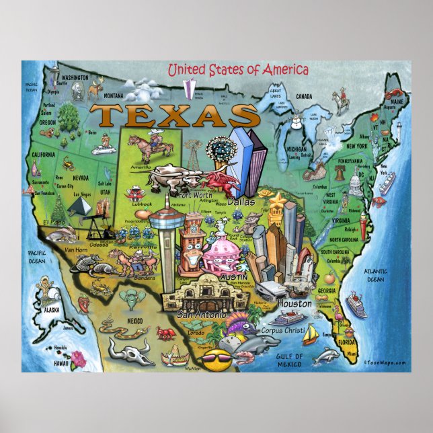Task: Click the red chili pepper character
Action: coord(84,303)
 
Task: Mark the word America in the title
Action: coord(283,69)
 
